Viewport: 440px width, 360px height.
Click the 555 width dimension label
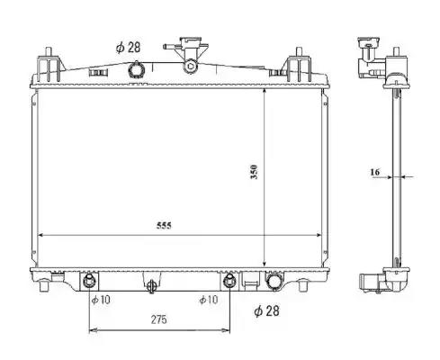(x=164, y=225)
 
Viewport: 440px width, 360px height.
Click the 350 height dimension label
(x=254, y=172)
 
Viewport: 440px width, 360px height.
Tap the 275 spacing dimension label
(x=158, y=319)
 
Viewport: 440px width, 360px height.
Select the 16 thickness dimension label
(x=375, y=172)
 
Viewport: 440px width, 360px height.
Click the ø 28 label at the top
(x=129, y=48)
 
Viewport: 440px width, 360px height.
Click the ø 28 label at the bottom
(x=266, y=310)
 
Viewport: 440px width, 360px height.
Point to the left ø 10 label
(x=101, y=300)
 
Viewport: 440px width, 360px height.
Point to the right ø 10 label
(x=209, y=300)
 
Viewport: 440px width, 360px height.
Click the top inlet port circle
(x=137, y=70)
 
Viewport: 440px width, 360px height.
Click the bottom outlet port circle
(x=274, y=282)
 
